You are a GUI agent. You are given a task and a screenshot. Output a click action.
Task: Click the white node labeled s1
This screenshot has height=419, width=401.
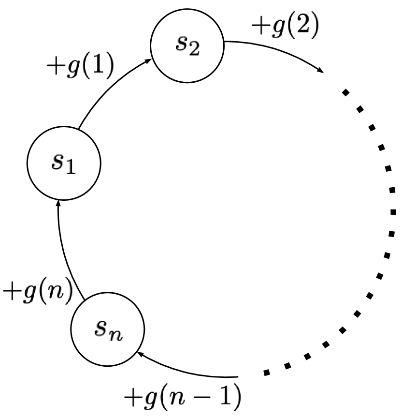tap(64, 163)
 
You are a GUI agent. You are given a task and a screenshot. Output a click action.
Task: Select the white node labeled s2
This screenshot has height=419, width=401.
tap(187, 46)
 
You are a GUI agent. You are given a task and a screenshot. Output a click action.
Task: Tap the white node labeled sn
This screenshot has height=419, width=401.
tap(107, 329)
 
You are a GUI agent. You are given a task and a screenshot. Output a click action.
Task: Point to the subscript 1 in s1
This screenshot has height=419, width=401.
tap(70, 167)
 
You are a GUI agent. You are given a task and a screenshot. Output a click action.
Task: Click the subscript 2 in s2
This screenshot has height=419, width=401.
tap(194, 49)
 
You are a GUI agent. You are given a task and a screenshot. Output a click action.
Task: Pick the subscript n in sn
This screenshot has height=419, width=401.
tap(115, 334)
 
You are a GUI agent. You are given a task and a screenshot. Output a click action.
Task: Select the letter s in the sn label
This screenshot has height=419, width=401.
tap(100, 328)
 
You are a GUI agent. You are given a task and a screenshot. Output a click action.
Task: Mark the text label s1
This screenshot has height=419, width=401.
tap(64, 163)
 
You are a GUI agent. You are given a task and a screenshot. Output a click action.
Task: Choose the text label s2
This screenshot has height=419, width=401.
tap(187, 45)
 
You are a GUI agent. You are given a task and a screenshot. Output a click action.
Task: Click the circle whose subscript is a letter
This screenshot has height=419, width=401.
tap(107, 329)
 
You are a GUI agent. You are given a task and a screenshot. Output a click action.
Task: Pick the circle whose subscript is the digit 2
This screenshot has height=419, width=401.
tap(187, 46)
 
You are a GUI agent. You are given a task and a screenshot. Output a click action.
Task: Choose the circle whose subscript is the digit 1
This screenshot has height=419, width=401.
tap(64, 163)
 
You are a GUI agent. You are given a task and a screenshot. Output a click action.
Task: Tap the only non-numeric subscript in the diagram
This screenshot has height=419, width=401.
tap(115, 334)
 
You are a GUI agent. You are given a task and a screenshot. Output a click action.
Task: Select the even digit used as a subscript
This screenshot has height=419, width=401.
tap(194, 49)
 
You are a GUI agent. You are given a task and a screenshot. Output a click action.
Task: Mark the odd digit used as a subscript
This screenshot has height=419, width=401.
tap(70, 167)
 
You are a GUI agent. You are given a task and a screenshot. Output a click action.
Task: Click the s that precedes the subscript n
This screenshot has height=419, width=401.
tap(100, 328)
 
